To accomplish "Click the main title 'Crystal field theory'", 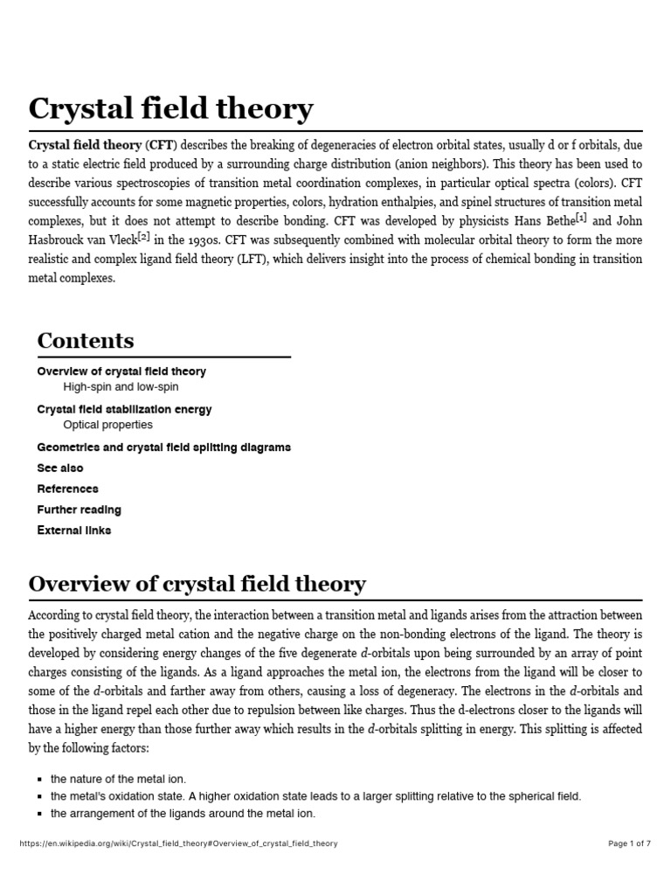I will click(x=170, y=109).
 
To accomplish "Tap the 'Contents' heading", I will click(x=86, y=340).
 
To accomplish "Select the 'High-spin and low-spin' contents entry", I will click(x=121, y=386).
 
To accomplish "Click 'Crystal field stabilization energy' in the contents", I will click(x=124, y=409).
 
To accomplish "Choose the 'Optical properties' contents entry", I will click(x=107, y=425).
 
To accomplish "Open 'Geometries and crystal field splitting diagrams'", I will click(x=163, y=447).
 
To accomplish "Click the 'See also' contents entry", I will click(x=60, y=468).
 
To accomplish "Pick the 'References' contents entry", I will click(x=67, y=489).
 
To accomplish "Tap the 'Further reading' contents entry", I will click(x=79, y=510).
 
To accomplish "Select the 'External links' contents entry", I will click(x=73, y=530).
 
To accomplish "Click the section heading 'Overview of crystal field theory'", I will click(x=197, y=584).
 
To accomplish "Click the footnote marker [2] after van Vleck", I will click(x=144, y=236).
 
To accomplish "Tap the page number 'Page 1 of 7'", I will click(x=629, y=843).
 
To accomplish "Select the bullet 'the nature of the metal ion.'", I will click(x=118, y=779).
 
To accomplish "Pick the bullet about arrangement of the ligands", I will click(x=183, y=814).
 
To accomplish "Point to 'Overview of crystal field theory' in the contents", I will click(x=121, y=371).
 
